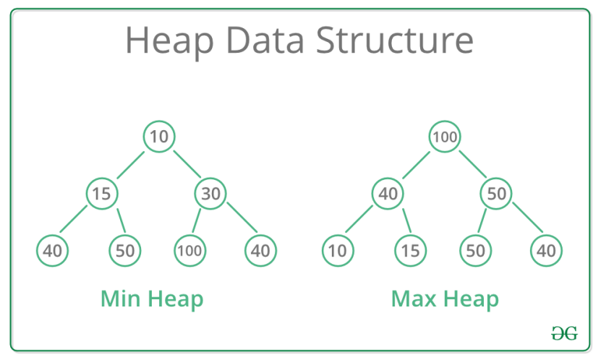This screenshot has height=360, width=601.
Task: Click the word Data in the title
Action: click(265, 40)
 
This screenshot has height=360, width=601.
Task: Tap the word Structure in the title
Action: click(395, 40)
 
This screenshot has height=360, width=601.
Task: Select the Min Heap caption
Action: click(152, 299)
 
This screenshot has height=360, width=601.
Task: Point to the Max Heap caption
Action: click(445, 299)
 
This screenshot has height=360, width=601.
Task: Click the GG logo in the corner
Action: click(565, 333)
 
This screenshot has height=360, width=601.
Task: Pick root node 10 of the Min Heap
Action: click(159, 137)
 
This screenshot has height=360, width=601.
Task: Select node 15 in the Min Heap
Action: click(101, 194)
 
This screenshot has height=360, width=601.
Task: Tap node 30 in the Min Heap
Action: click(210, 194)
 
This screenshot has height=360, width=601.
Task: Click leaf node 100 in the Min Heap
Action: click(190, 250)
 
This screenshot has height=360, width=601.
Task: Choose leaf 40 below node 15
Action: click(53, 250)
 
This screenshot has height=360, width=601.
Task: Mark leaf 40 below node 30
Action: click(260, 250)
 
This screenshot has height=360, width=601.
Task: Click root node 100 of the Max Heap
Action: click(445, 137)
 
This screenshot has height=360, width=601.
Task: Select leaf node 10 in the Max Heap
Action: click(338, 250)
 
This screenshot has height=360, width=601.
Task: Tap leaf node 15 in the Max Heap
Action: click(411, 250)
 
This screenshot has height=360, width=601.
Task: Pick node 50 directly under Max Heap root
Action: click(496, 194)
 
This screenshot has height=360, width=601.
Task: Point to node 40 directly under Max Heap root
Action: click(388, 194)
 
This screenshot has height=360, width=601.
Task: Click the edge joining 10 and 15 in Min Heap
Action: click(131, 165)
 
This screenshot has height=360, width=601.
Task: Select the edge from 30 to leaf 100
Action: click(196, 220)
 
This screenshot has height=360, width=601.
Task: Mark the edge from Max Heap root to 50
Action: click(472, 164)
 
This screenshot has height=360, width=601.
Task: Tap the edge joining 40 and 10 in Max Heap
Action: click(359, 219)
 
